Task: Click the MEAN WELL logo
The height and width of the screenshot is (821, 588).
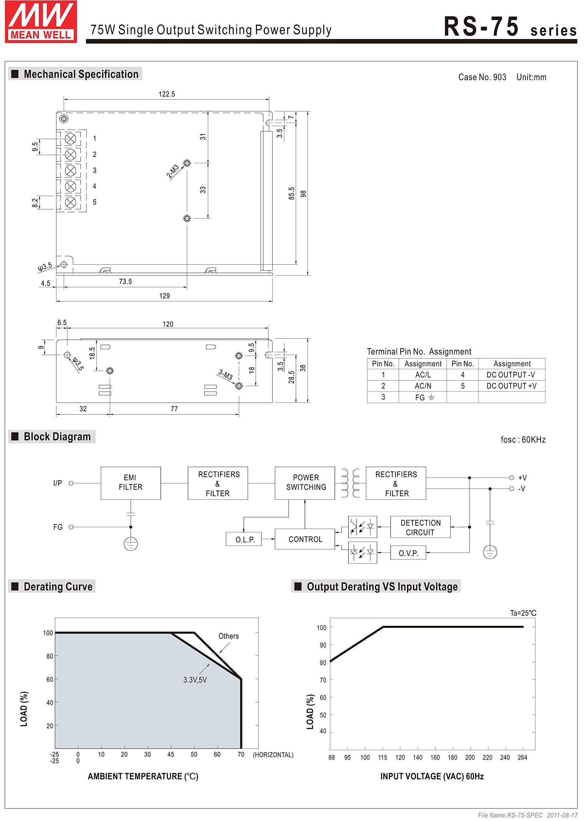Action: pos(41,22)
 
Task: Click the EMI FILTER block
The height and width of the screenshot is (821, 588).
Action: pos(130,483)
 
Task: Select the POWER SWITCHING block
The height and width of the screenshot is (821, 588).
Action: pos(305,483)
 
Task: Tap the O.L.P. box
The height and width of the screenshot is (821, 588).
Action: pos(244,539)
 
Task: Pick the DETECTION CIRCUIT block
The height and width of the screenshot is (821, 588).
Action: pos(420,527)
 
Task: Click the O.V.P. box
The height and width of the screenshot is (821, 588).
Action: pos(408,553)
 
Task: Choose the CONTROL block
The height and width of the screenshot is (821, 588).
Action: pos(305,539)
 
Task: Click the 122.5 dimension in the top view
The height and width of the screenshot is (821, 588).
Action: pos(167,94)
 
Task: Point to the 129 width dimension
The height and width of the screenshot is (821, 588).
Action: pos(164,296)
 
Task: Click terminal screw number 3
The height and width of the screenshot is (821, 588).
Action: pos(70,170)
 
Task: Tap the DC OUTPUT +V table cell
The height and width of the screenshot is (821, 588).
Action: pos(511,386)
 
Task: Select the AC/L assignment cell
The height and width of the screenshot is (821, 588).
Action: pos(422,375)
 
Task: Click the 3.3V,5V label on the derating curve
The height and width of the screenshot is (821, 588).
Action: pos(195,680)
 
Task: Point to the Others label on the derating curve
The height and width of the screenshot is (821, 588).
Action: pos(229,636)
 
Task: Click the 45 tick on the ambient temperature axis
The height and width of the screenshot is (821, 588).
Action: pos(170,754)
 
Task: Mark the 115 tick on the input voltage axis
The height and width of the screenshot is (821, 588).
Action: pos(383,758)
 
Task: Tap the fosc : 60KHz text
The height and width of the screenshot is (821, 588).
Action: pos(523,439)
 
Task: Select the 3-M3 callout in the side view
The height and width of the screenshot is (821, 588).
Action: pos(226,375)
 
